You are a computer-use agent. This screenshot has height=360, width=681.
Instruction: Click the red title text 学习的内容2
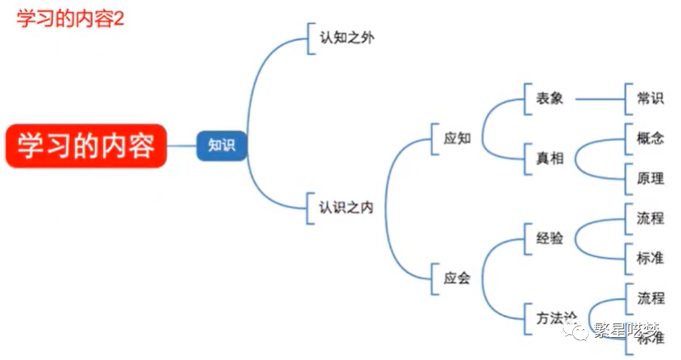(70, 18)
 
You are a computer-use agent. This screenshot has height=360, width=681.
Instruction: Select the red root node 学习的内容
(86, 146)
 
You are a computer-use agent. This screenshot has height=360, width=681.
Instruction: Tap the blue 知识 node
(221, 145)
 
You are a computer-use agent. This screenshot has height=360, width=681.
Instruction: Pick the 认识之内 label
(346, 208)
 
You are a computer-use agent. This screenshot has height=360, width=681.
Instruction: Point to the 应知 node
(457, 138)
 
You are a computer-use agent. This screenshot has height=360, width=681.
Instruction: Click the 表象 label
(549, 99)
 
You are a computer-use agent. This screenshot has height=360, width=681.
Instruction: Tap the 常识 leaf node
(650, 99)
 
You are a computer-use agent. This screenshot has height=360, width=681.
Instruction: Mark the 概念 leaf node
(650, 139)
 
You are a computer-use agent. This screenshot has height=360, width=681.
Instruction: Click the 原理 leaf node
(650, 178)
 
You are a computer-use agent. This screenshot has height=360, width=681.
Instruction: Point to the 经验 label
(549, 238)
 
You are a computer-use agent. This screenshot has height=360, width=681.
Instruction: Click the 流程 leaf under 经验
(650, 218)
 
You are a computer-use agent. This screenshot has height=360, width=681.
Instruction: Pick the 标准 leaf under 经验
(650, 258)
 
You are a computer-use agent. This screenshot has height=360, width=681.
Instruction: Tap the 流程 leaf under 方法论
(650, 298)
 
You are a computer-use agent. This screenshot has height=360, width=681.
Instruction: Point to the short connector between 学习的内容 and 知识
(182, 146)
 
